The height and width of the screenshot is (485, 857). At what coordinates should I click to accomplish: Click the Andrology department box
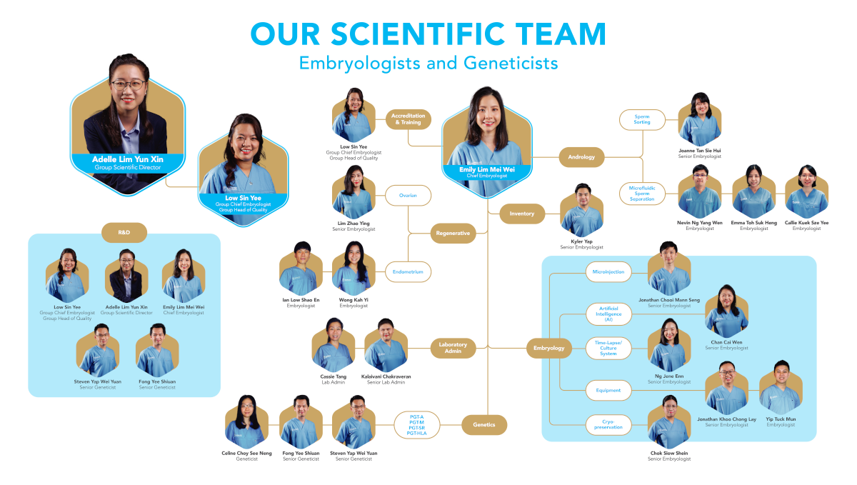[x=581, y=157]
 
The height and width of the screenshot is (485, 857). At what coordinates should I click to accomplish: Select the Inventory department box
[x=522, y=214]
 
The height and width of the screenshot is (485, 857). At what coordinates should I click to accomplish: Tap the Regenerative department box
[x=453, y=233]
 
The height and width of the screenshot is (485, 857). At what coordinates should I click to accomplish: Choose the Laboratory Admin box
[x=453, y=348]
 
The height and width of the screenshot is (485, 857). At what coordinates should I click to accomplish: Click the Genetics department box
[x=484, y=424]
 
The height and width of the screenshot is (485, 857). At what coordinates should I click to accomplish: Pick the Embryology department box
[x=549, y=348]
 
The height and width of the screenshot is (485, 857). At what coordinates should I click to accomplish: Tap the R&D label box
[x=124, y=232]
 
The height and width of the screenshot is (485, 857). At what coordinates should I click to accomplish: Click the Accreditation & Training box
[x=409, y=119]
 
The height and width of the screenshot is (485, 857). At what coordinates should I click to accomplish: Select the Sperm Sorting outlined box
[x=642, y=119]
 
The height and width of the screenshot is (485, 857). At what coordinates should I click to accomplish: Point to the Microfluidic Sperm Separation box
[x=642, y=194]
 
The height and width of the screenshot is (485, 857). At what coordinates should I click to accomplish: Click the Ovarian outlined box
[x=408, y=195]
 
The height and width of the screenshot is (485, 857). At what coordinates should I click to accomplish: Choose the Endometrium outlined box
[x=408, y=271]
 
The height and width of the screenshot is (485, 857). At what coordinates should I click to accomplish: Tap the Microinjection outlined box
[x=608, y=271]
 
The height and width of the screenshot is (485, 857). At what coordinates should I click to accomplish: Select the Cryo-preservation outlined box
[x=608, y=424]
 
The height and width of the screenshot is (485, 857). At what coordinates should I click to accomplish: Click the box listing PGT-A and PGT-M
[x=416, y=425]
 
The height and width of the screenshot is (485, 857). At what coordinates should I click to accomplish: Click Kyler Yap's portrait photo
[x=582, y=211]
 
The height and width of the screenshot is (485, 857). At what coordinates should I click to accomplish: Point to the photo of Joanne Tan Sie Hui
[x=700, y=119]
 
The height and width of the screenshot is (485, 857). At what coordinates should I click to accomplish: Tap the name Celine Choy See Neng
[x=247, y=454]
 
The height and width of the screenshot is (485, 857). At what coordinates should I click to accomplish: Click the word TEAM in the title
[x=561, y=34]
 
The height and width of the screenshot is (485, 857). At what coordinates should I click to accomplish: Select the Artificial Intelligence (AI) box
[x=608, y=314]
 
